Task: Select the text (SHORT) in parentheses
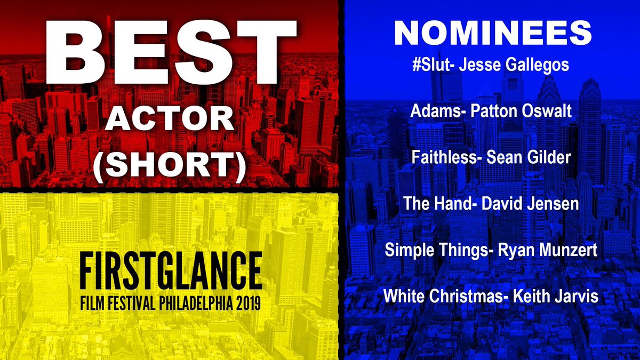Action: point(169,167)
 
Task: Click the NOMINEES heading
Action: point(492,33)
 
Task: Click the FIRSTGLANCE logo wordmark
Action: point(169,270)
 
